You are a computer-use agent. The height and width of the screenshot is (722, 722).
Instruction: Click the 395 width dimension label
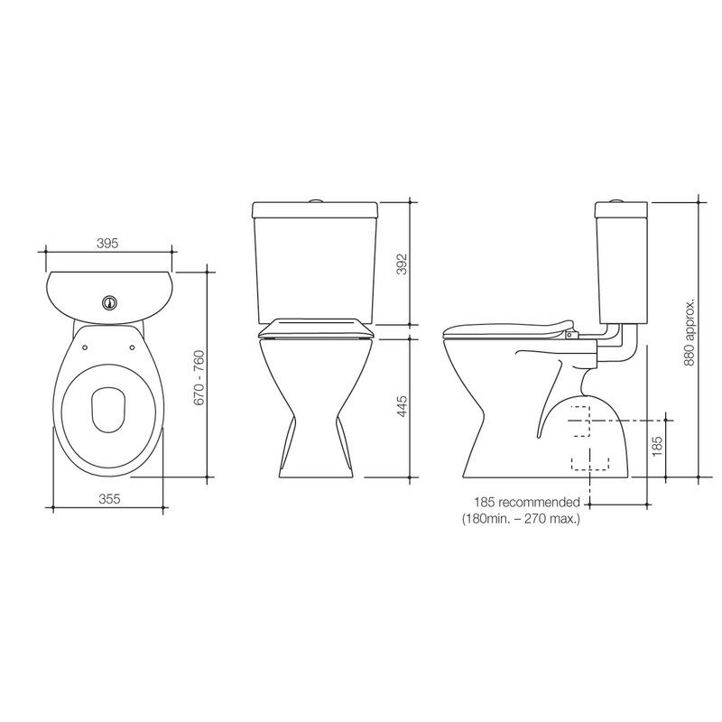pyautogui.click(x=107, y=243)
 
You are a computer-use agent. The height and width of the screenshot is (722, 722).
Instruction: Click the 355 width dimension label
pyautogui.click(x=107, y=498)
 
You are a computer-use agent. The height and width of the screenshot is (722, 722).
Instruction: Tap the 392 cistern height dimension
pyautogui.click(x=403, y=263)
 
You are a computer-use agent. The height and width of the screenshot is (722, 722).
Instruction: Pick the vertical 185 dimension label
pyautogui.click(x=657, y=444)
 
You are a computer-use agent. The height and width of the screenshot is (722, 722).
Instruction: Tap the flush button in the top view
pyautogui.click(x=110, y=301)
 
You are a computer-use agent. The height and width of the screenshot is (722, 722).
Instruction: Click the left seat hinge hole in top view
pyautogui.click(x=85, y=344)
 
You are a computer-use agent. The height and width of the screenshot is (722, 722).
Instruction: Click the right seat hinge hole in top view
pyautogui.click(x=134, y=344)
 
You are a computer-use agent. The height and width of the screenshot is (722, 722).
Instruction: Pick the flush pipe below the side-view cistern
pyautogui.click(x=619, y=346)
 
